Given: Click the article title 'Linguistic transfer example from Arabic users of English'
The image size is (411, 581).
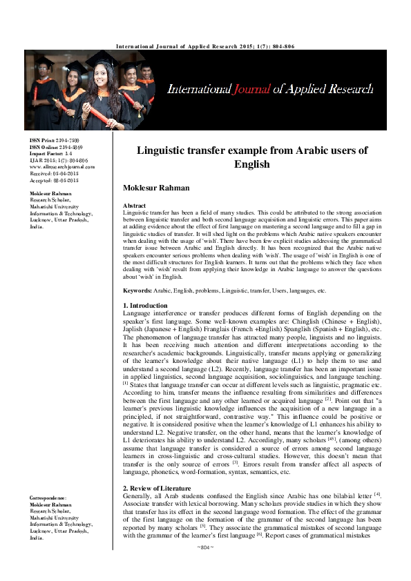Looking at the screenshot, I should [251, 157].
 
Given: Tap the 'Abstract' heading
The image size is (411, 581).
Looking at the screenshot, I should [133, 206].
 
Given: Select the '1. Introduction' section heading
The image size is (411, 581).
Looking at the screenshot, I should [144, 305].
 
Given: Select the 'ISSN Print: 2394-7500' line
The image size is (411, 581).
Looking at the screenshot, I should [54, 141].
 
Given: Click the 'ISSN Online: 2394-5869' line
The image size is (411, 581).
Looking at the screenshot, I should [56, 148].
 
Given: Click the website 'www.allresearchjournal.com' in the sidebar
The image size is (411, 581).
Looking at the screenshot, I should [62, 167].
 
